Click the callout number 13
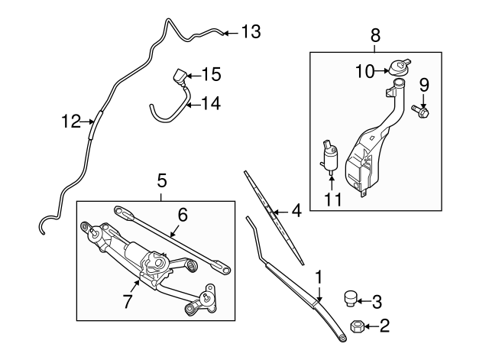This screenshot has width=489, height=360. (251, 32)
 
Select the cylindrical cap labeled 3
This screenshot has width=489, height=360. (351, 297)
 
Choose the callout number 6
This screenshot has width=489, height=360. (182, 216)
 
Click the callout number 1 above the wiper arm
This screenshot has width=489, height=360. (319, 273)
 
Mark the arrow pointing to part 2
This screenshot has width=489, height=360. (371, 327)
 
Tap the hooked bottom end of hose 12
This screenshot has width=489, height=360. (41, 225)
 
